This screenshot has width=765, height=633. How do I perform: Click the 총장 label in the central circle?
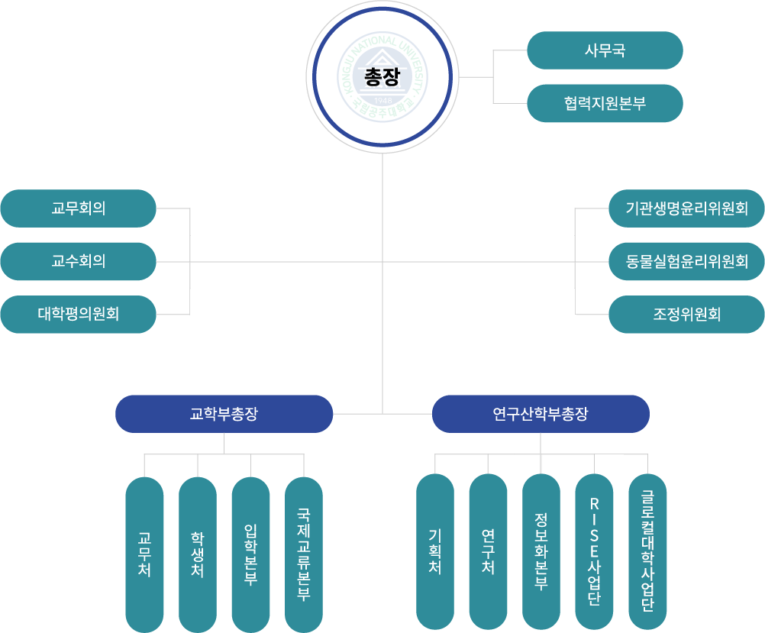coord(382,76)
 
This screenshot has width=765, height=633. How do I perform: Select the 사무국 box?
coord(605,50)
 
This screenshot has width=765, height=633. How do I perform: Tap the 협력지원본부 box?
coord(605,103)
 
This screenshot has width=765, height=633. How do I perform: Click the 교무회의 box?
coord(79,208)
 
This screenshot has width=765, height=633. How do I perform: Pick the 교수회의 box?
coord(79,261)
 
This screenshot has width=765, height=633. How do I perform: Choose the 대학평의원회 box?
coord(79,314)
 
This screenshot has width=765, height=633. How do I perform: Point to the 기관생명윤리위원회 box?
coord(686,208)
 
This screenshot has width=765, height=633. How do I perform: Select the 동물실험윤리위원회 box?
coord(686,261)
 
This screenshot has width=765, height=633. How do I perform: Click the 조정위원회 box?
coord(686,314)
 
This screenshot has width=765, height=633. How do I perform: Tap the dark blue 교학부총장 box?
coord(224,414)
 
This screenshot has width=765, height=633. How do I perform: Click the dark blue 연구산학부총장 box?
coord(541,414)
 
